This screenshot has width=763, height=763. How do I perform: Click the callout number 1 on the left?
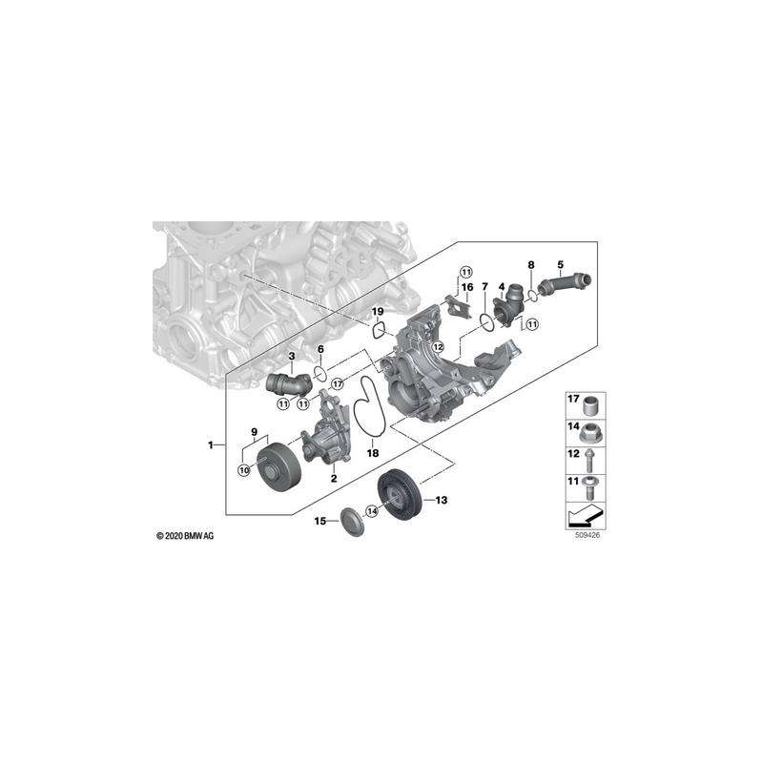[211, 444]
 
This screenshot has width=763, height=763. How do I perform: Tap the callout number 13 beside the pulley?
[441, 500]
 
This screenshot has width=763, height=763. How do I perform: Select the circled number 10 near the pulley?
[244, 470]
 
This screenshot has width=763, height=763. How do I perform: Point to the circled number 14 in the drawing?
[372, 511]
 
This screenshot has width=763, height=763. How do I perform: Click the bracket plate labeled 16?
[460, 306]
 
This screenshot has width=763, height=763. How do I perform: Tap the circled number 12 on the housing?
[438, 346]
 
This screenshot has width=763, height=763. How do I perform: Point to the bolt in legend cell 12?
[588, 460]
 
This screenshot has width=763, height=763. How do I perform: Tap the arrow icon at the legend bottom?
[586, 515]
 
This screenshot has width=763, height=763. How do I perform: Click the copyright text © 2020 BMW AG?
[185, 536]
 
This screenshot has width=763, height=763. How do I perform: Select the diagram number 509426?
[588, 534]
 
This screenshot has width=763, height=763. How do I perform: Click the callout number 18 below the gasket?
[372, 453]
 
